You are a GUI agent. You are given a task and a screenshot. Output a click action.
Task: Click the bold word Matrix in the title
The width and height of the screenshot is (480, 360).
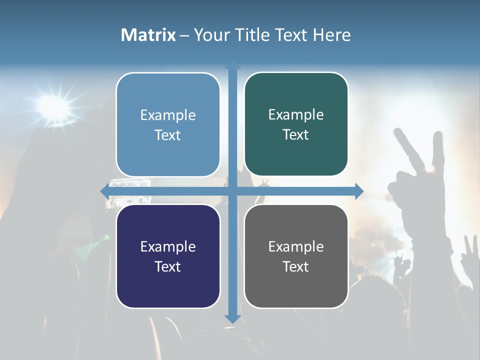(148, 35)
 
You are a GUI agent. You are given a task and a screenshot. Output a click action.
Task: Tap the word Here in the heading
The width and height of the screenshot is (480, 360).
(331, 35)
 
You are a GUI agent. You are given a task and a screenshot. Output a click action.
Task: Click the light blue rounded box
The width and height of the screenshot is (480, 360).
(168, 124)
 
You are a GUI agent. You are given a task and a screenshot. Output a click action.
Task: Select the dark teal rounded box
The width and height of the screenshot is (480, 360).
(296, 124)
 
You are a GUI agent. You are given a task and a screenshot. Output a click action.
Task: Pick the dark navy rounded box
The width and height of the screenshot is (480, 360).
(168, 256)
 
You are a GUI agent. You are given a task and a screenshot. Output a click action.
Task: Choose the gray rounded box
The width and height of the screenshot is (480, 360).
(296, 256)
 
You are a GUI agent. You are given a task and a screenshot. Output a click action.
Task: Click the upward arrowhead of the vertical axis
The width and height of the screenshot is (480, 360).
(232, 64)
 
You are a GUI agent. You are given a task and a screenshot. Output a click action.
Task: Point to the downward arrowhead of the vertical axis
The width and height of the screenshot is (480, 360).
(232, 318)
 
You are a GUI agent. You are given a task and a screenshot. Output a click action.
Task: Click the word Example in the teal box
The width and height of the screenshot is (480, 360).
(296, 114)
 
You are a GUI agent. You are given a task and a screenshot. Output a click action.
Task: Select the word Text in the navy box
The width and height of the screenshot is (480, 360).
(168, 266)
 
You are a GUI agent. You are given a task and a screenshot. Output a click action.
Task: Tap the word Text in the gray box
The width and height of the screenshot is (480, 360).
(296, 266)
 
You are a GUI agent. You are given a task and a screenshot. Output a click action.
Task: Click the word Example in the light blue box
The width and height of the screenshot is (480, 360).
(168, 115)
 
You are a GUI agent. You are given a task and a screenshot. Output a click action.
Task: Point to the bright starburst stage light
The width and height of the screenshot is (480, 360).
(52, 105)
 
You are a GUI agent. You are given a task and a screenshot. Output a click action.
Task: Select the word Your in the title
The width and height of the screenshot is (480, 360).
(210, 35)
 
